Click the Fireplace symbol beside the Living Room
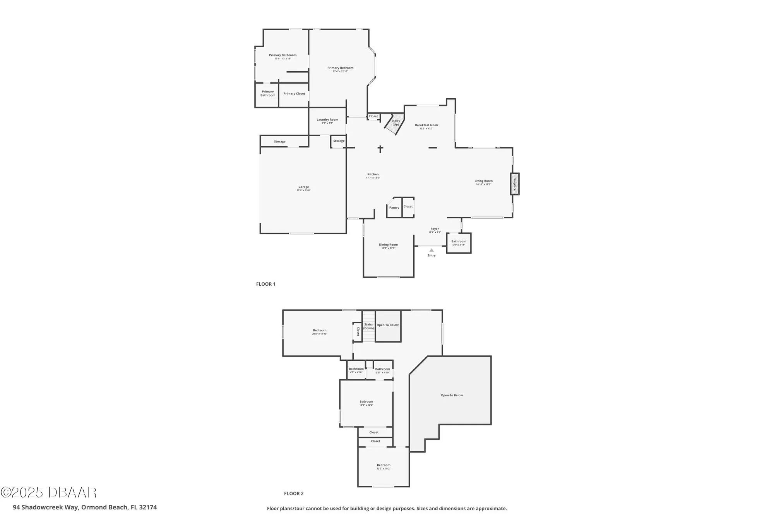tap(515, 184)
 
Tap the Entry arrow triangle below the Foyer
tap(432, 250)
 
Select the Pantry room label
tap(394, 208)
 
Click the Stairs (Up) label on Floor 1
tap(396, 123)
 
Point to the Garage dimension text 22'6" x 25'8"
tap(303, 190)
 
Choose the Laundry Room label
tap(327, 120)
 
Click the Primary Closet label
tap(294, 94)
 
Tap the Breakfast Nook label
tap(426, 125)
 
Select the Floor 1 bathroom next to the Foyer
tap(459, 243)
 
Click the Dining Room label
tap(388, 245)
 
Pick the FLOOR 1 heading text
tap(265, 284)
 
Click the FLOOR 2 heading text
tap(294, 494)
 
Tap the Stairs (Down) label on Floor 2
tap(368, 326)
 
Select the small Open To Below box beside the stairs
tap(388, 325)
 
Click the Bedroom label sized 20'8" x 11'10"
tap(320, 331)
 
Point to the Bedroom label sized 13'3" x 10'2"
tap(384, 465)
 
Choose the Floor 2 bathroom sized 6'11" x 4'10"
tap(382, 370)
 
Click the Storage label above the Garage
tap(279, 142)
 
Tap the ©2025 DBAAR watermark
tap(48, 492)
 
